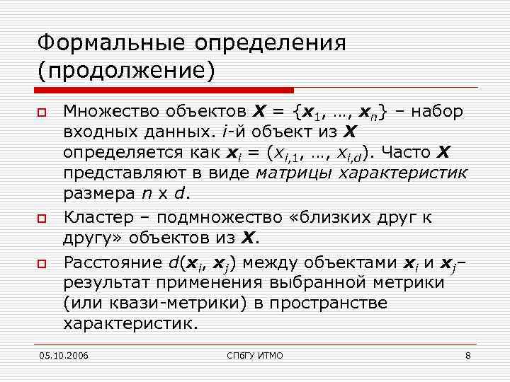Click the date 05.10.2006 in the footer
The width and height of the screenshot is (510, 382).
click(x=65, y=354)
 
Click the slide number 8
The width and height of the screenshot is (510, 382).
click(x=467, y=354)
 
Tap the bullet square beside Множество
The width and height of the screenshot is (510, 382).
click(x=43, y=113)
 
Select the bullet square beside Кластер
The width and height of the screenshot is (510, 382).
click(x=43, y=218)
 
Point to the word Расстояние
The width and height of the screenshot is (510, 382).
click(x=113, y=263)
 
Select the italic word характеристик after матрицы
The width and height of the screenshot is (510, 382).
click(x=402, y=173)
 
